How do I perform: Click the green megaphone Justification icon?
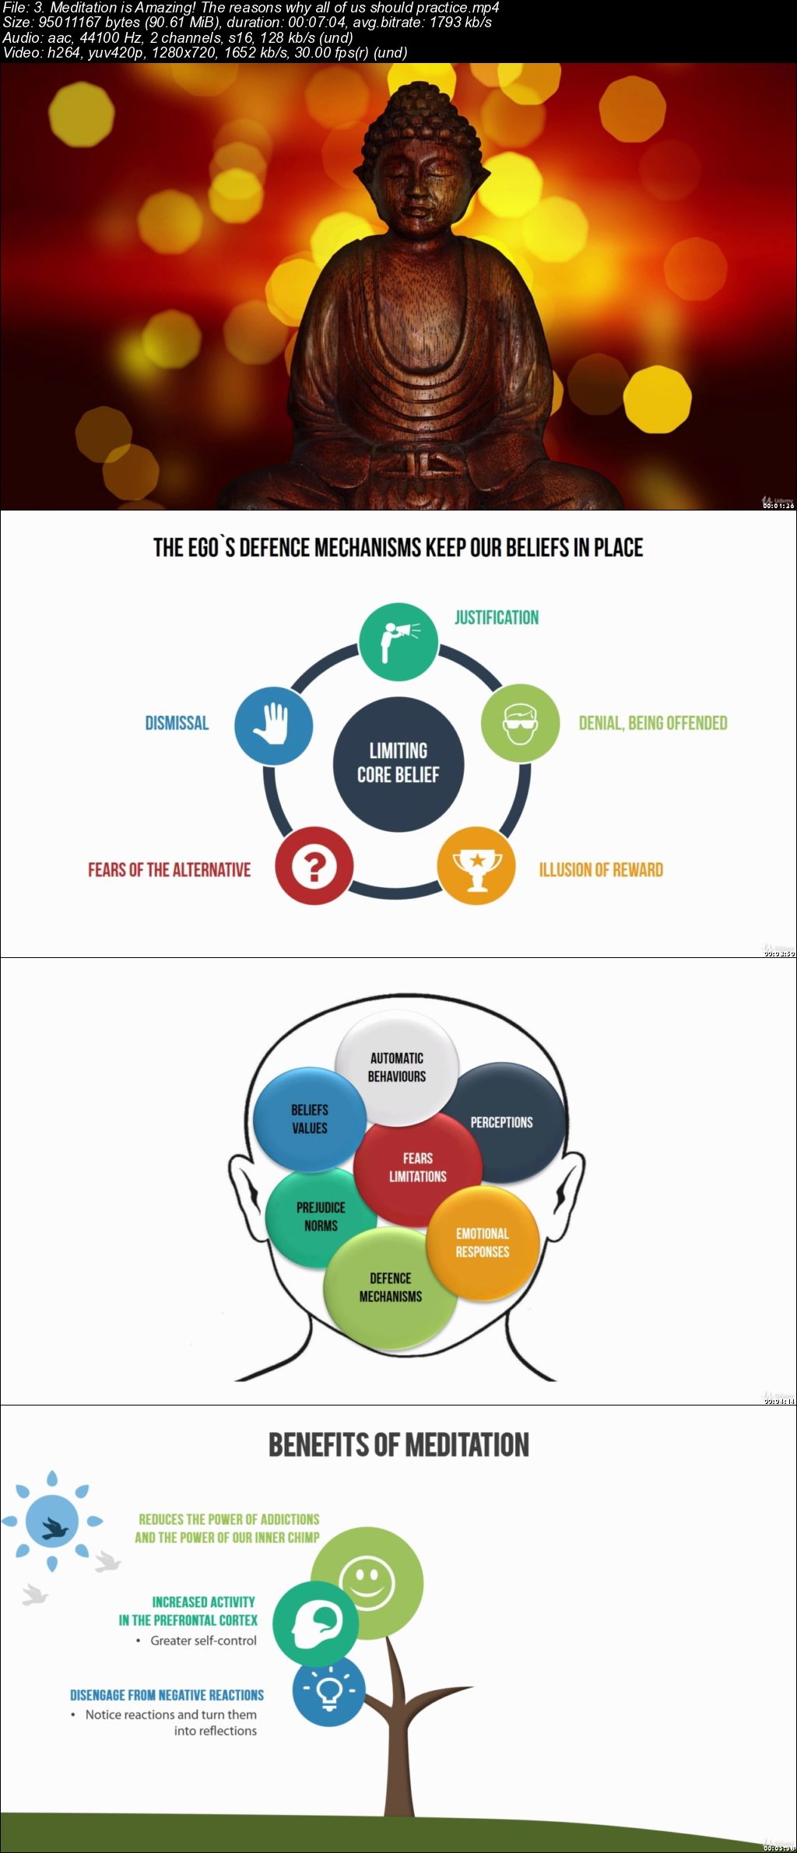(398, 642)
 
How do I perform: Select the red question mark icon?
(314, 865)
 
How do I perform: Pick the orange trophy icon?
(476, 865)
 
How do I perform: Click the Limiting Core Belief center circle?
(398, 763)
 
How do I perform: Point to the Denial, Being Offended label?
(652, 723)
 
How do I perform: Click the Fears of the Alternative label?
(169, 869)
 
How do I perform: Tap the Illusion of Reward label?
(601, 869)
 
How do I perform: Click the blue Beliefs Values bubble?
(309, 1118)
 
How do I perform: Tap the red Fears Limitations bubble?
(417, 1167)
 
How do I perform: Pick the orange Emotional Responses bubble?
(483, 1242)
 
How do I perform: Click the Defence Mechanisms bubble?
(390, 1288)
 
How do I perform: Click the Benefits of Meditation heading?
(398, 1444)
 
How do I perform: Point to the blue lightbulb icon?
(329, 1690)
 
